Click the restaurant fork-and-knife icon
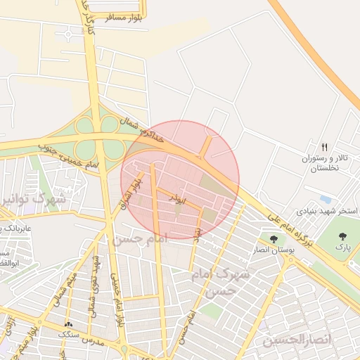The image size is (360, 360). [324, 148]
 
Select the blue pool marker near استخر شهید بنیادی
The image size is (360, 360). [326, 199]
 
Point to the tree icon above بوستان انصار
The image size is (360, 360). [274, 239]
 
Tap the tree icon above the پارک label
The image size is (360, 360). [342, 237]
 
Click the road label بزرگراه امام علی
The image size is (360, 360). [288, 227]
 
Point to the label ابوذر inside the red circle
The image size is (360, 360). [175, 198]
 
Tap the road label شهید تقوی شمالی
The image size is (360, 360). [93, 288]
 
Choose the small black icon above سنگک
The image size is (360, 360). [68, 324]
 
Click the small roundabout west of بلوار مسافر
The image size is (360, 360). [67, 33]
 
